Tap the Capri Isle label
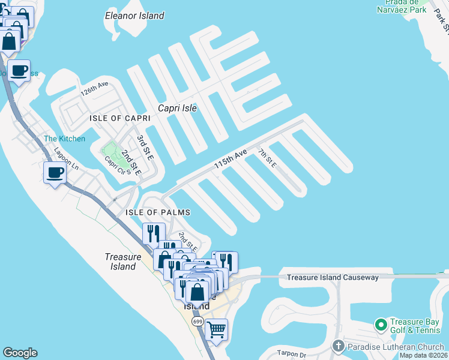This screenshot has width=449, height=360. click(177, 109)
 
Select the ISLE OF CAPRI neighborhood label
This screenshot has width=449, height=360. click(119, 118)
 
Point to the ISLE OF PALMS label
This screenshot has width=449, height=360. click(158, 212)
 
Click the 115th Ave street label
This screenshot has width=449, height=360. click(231, 160)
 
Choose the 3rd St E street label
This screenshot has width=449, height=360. click(145, 148)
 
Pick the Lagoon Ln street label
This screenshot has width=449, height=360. click(65, 158)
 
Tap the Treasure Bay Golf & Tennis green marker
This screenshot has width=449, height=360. click(380, 325)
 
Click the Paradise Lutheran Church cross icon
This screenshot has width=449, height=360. click(339, 346)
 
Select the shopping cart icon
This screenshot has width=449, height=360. click(216, 329)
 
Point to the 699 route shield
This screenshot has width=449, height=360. click(197, 322)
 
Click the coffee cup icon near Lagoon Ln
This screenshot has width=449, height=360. click(55, 173)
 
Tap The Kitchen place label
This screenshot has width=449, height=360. click(64, 139)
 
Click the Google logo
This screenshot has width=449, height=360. click(20, 353)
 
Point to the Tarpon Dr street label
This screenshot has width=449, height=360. click(292, 353)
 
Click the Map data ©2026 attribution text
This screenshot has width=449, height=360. click(423, 355)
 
